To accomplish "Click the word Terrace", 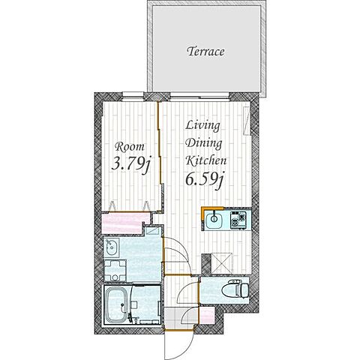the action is (x=205, y=52).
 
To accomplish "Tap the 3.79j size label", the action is (x=131, y=164).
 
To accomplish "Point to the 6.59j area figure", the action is (x=204, y=180).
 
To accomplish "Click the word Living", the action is (x=202, y=126).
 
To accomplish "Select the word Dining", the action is (x=204, y=144).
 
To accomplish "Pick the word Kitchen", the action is (x=206, y=160).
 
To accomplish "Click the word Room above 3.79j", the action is (x=130, y=147).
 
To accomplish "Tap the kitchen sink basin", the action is (x=214, y=219).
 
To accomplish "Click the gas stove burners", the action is (x=238, y=219).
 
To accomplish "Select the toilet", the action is (x=235, y=289).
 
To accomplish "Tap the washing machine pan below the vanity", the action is (x=115, y=271).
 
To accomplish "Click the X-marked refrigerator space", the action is (x=221, y=263).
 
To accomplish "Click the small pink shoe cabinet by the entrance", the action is (x=207, y=316).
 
